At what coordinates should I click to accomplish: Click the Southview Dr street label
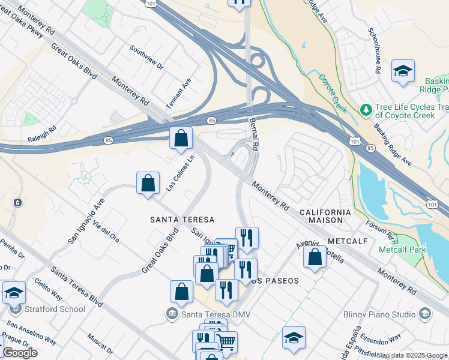click(x=147, y=58)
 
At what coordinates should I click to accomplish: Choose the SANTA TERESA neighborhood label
click(x=182, y=220)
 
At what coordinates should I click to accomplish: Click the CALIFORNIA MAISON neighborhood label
click(x=324, y=217)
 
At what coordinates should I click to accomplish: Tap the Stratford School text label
click(x=55, y=310)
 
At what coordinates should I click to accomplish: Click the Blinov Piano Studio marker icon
click(x=425, y=314)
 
